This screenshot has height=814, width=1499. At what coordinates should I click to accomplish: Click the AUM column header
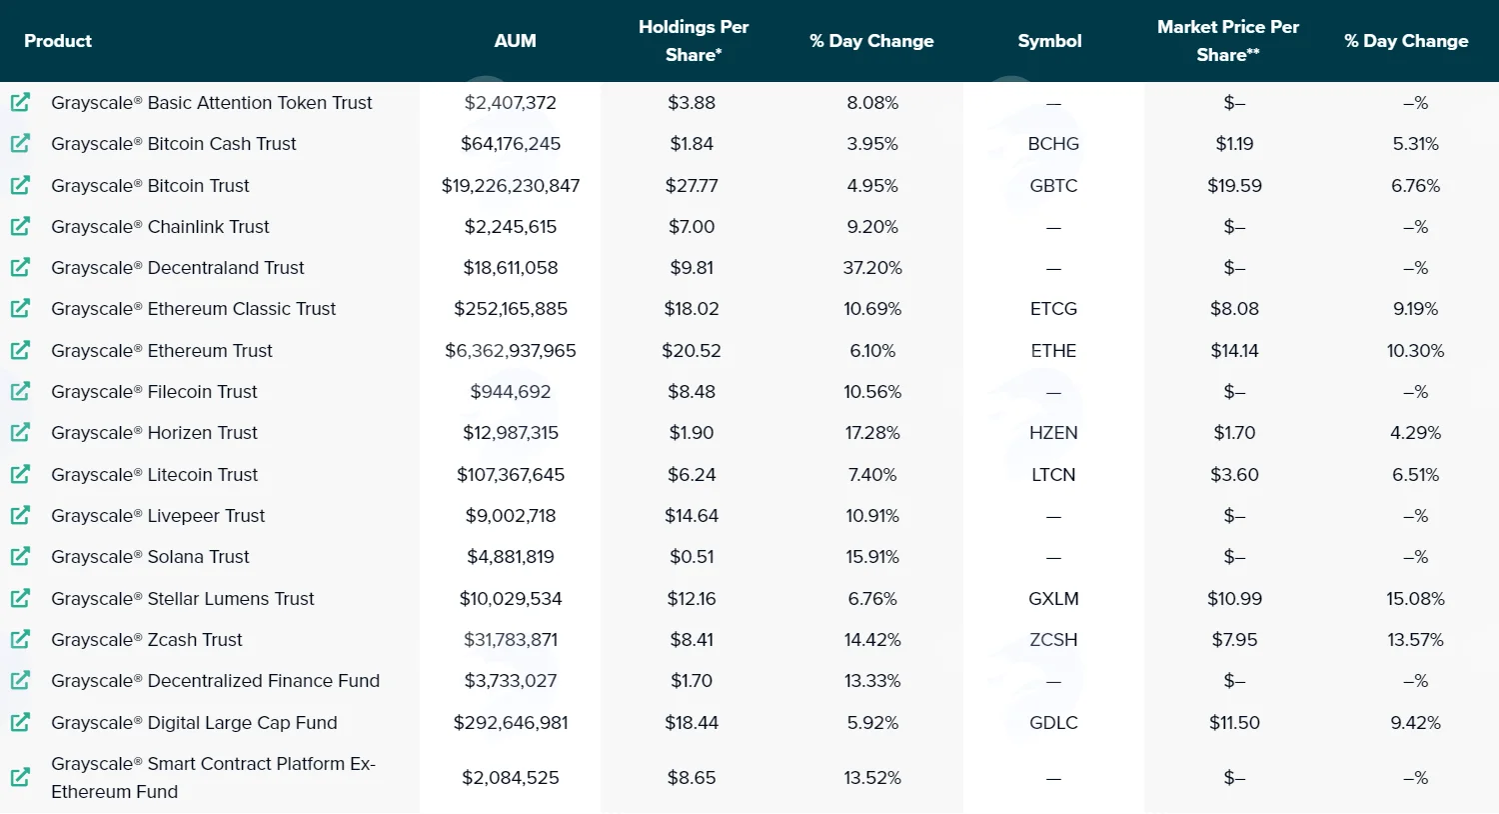coord(515,41)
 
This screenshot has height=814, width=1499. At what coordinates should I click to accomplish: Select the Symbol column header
coord(1049,41)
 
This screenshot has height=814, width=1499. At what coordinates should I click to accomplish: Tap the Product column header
coord(58,41)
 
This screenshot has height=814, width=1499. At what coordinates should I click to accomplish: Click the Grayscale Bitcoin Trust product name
coord(150,185)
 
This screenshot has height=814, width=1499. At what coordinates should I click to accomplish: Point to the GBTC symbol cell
coord(1053,185)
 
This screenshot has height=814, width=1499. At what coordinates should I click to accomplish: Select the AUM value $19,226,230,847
coord(511,185)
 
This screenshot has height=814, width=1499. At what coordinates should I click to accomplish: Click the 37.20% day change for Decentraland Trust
coord(872,268)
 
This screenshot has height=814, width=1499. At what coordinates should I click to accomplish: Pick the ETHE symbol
coord(1053,351)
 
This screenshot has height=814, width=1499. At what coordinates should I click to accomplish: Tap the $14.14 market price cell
coord(1234,351)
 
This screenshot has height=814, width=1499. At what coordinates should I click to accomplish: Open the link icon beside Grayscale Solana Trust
coord(20,556)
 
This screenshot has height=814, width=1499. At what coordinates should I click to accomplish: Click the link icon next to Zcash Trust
coord(20,639)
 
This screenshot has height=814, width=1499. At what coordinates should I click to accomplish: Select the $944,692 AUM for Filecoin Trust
coord(511,392)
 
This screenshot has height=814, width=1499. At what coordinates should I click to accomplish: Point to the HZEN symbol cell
coord(1053,433)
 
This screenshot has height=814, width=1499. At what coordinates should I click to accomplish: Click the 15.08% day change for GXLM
coord(1415,598)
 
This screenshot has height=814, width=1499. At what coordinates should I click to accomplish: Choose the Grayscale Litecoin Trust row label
coord(154,475)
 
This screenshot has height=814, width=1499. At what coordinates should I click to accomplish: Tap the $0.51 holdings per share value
coord(692,557)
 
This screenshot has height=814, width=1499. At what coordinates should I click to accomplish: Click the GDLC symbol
coord(1053,723)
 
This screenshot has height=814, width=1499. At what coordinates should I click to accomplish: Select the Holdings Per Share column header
coord(694,41)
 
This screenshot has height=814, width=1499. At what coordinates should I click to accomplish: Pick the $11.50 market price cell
coord(1234,723)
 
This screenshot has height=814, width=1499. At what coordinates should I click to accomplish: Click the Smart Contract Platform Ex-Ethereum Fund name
coord(213,778)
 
